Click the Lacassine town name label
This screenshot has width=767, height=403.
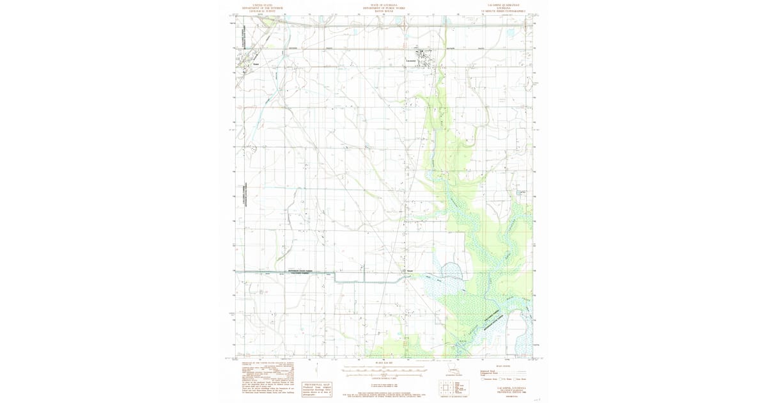point(412,61)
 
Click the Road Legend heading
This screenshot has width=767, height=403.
point(504,367)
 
